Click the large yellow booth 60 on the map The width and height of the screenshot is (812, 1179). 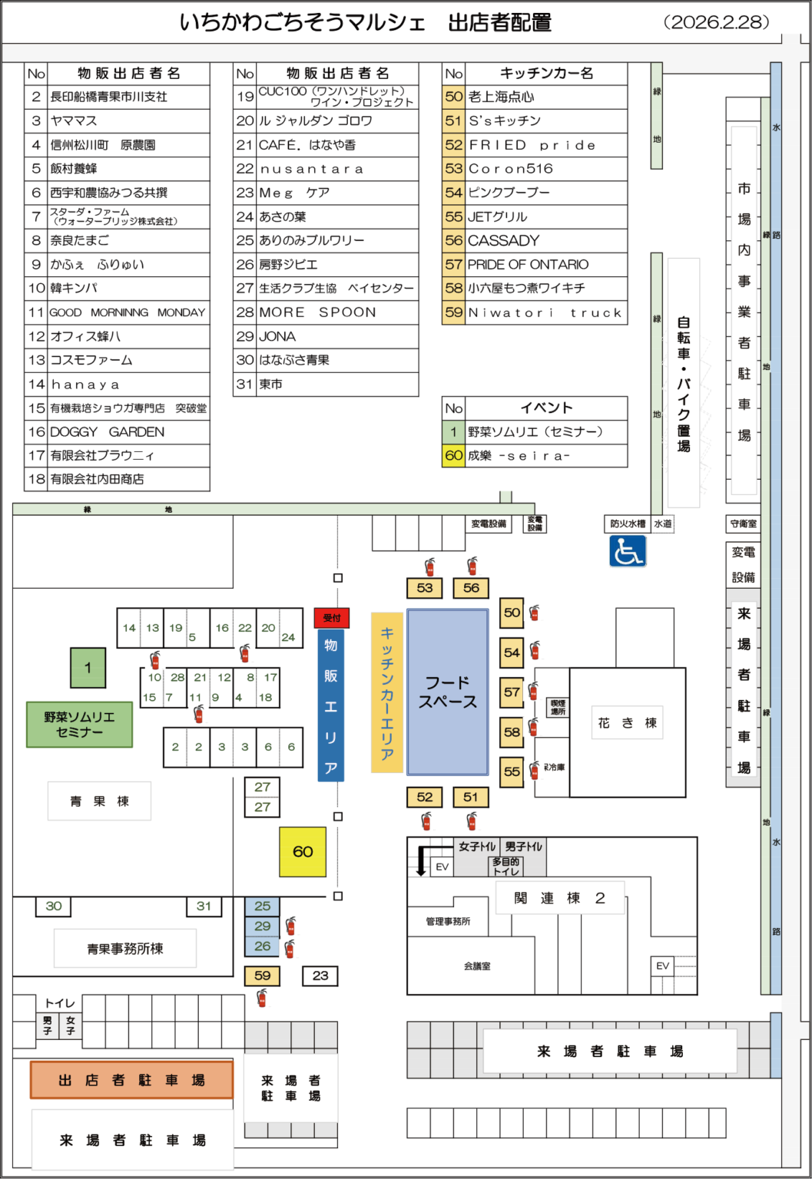click(x=303, y=851)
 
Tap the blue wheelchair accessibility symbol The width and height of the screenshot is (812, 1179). click(x=627, y=551)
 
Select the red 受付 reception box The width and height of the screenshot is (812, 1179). click(x=332, y=618)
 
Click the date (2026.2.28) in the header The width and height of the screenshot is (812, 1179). click(x=716, y=21)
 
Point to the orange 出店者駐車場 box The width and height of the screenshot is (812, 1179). click(x=131, y=1080)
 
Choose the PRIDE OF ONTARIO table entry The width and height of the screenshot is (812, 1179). click(x=528, y=264)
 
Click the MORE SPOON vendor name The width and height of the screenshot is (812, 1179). click(x=317, y=312)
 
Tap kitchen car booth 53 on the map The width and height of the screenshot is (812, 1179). click(x=425, y=588)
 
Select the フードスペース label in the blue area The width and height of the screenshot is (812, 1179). click(x=448, y=692)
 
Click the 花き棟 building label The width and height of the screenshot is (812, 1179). click(x=627, y=723)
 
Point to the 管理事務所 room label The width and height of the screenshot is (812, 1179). click(x=448, y=921)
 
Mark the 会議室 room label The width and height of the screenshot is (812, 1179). click(x=477, y=966)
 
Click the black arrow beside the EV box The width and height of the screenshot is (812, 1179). click(x=421, y=861)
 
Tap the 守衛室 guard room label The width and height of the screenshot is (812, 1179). click(x=743, y=523)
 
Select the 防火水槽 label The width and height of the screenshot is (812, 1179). click(x=628, y=523)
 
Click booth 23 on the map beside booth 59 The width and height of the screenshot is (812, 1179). click(x=320, y=976)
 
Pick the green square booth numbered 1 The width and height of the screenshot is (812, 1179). click(x=88, y=668)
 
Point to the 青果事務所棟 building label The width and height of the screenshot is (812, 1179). click(x=124, y=949)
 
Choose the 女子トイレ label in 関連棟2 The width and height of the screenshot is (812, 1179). click(x=477, y=847)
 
